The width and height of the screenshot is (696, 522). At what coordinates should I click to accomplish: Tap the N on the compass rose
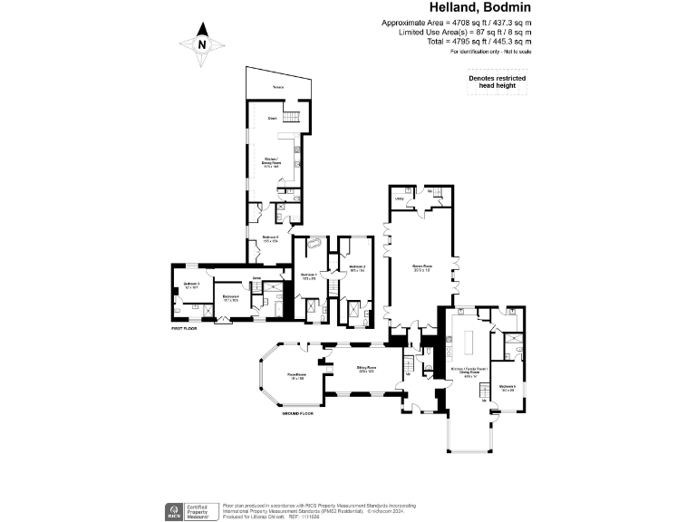(202, 43)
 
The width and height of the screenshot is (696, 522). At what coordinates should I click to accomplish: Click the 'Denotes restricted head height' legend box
(497, 82)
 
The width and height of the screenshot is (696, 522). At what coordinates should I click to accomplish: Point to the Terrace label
(278, 86)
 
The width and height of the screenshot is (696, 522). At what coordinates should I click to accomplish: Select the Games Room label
(420, 266)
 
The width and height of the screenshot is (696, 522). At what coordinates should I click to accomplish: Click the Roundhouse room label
(297, 376)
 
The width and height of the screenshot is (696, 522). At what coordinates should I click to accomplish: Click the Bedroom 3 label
(191, 285)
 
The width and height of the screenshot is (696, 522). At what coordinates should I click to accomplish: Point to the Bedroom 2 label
(356, 267)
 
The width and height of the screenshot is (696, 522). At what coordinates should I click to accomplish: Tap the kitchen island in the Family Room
(470, 340)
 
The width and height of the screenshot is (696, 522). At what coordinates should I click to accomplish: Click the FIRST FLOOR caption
(185, 328)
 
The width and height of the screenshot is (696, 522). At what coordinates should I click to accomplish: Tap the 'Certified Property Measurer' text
(198, 509)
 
